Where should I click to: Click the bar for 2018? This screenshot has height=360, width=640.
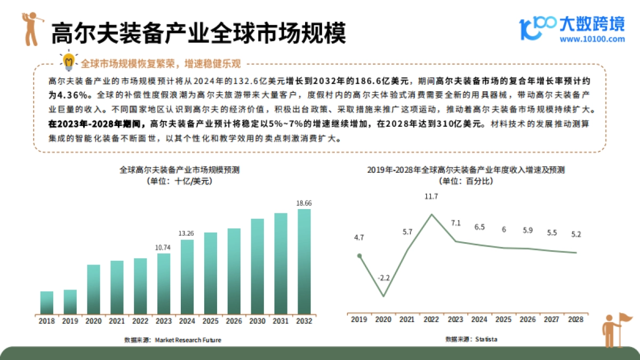47,302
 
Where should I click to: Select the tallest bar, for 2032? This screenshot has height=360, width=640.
304,261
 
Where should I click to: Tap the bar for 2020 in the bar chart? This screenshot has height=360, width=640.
94,289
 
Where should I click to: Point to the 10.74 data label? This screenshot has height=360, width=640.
164,246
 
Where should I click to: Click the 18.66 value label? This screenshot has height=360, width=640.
304,203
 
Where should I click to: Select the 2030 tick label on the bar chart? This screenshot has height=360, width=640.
258,321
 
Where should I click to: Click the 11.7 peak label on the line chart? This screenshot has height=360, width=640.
431,197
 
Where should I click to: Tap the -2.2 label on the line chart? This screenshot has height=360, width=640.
383,278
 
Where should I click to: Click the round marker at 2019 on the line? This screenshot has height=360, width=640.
359,256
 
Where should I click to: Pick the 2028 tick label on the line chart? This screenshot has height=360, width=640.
576,319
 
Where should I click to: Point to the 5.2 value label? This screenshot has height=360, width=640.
576,233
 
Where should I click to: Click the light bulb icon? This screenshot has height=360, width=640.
69,62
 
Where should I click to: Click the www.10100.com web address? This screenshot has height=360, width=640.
592,39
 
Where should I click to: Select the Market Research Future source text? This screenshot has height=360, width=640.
188,340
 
